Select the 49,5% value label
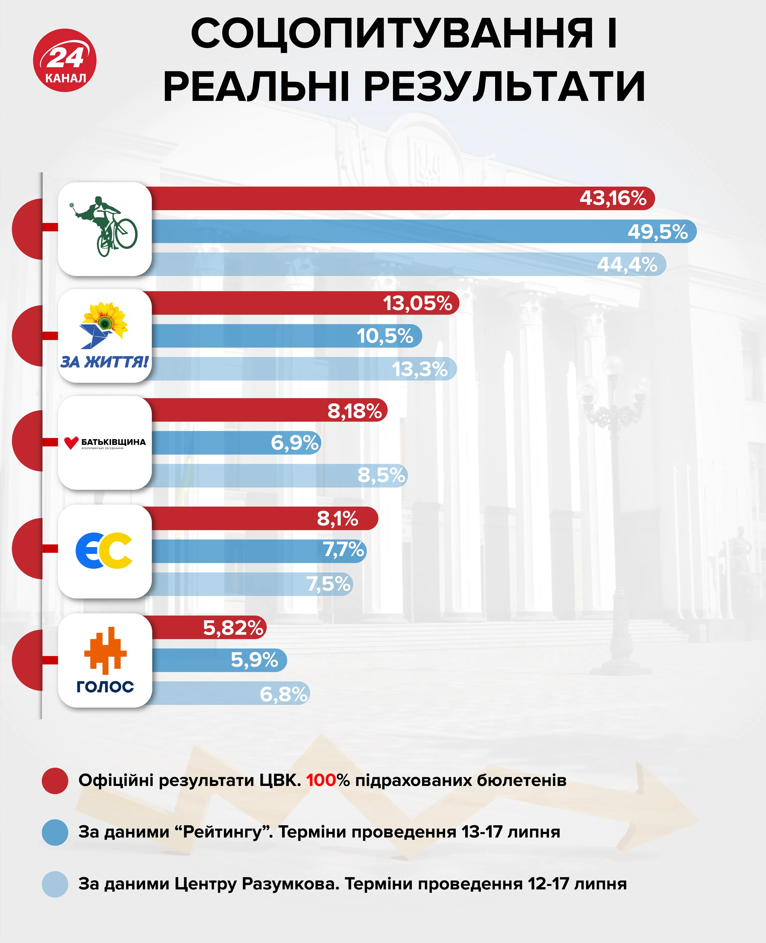tap(657, 232)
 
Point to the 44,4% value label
tap(627, 265)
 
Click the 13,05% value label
tap(417, 303)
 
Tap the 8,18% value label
tap(354, 411)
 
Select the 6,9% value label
tap(295, 443)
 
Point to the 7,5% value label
tap(329, 584)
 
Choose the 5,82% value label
tap(233, 627)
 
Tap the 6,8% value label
tap(283, 694)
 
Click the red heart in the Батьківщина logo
tap(71, 443)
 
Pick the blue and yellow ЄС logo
tap(104, 551)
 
